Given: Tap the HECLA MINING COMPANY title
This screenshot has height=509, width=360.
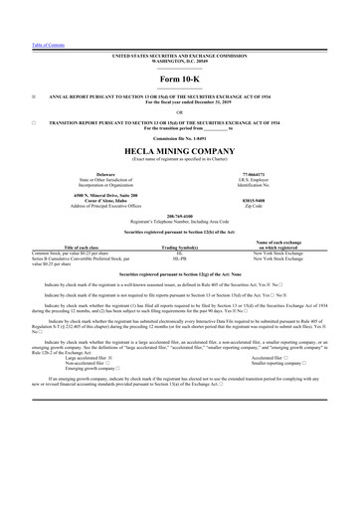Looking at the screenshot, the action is point(179,150).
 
